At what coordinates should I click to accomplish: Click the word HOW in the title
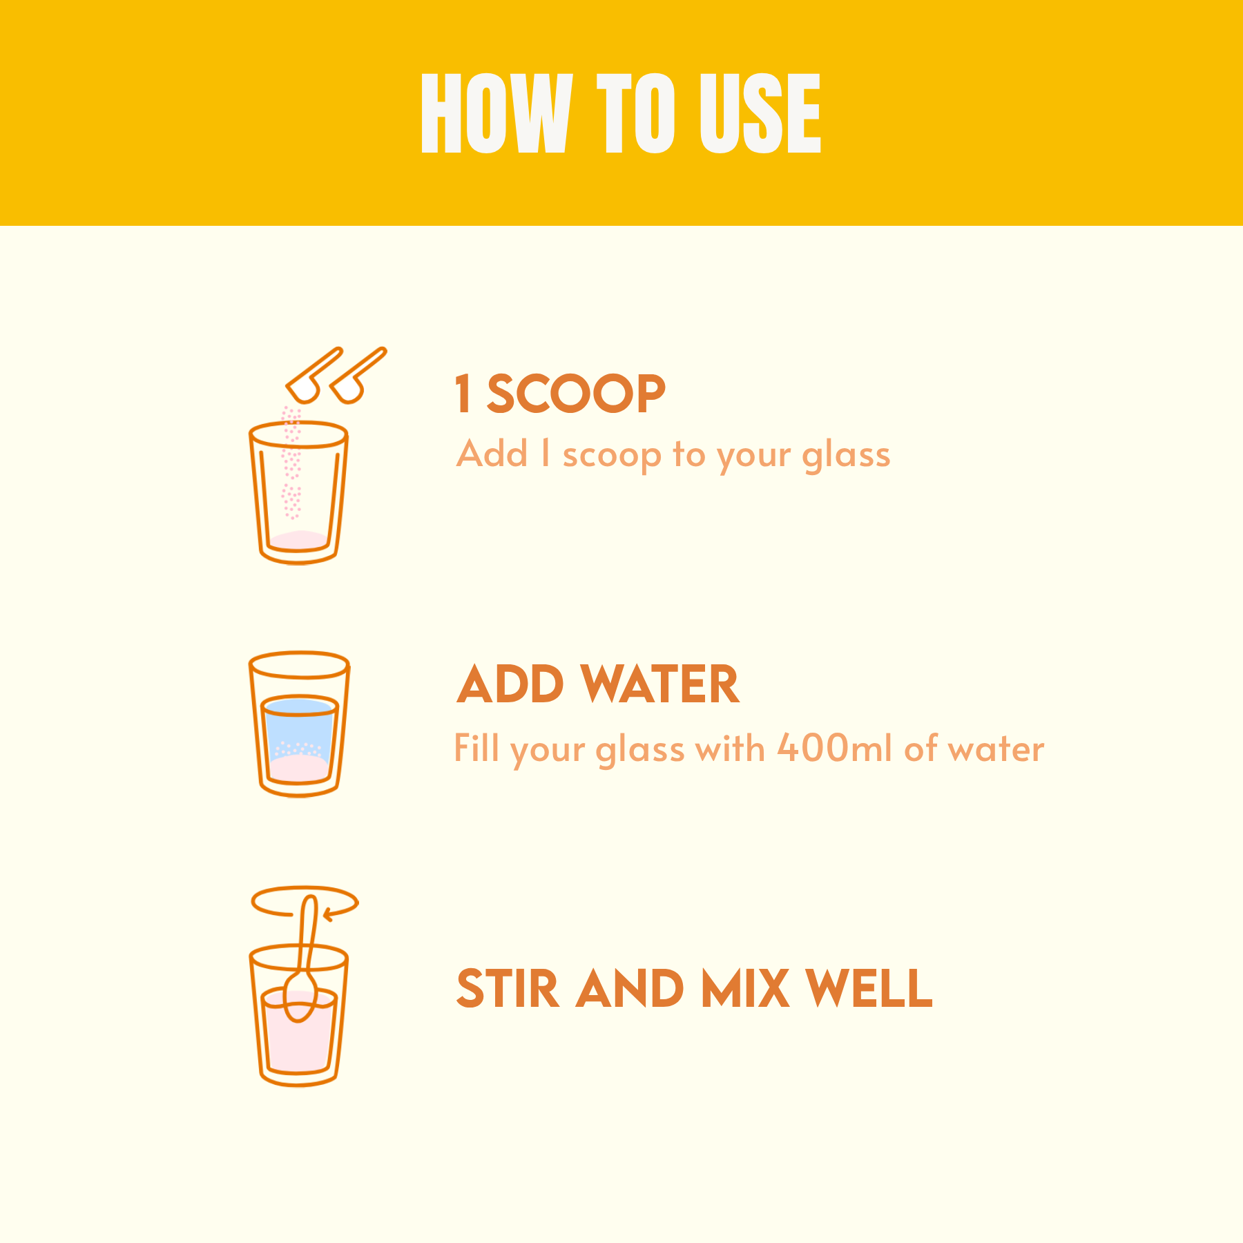(x=496, y=113)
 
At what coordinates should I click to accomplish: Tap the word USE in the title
(x=760, y=113)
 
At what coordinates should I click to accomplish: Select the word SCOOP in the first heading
(x=576, y=394)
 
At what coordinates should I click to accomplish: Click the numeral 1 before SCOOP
(x=463, y=394)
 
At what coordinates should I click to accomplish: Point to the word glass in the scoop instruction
(x=846, y=456)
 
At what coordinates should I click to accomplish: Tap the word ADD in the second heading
(x=510, y=684)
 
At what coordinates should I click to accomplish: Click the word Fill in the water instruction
(x=476, y=748)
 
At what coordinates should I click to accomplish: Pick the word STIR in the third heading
(x=508, y=988)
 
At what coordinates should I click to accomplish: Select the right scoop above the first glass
(x=356, y=377)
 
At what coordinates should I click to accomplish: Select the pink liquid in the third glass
(x=298, y=1036)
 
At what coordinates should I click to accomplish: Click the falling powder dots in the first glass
(x=291, y=463)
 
